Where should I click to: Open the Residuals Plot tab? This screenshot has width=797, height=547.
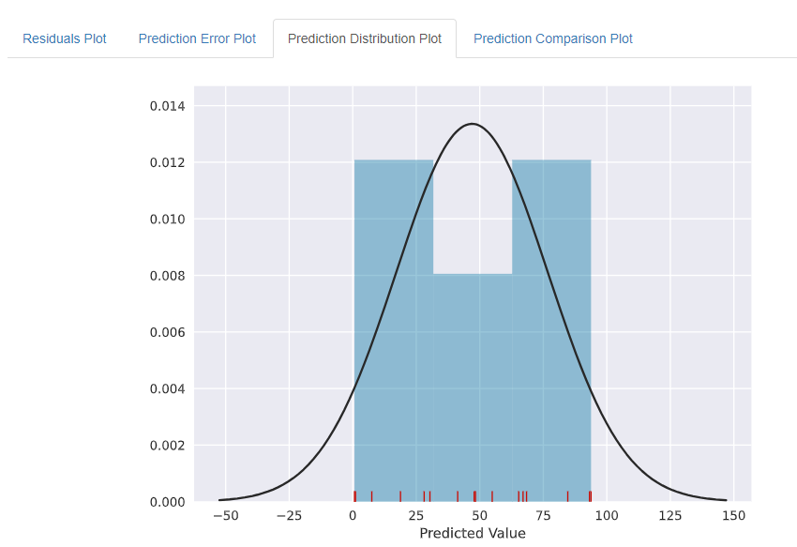65,38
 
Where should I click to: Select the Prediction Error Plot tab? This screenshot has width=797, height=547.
197,38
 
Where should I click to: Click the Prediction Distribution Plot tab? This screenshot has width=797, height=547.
365,38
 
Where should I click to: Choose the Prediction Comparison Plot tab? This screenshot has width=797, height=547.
553,38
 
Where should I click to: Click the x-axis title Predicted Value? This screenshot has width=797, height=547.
473,534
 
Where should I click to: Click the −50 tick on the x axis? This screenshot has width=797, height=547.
225,516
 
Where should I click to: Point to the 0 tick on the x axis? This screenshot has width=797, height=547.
353,516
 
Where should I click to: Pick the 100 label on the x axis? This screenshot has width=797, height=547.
607,516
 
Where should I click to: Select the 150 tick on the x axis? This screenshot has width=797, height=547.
734,516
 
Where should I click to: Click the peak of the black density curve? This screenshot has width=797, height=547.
472,124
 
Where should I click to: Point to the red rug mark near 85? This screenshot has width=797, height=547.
567,496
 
